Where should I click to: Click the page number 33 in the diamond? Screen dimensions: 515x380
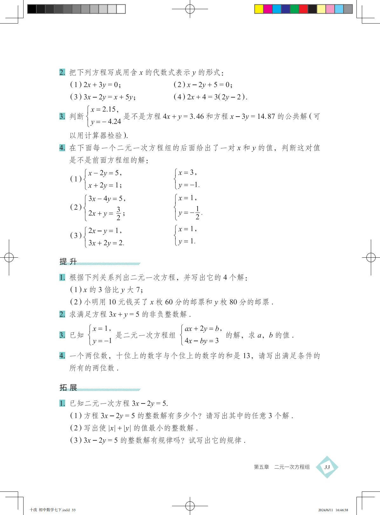(x=327, y=467)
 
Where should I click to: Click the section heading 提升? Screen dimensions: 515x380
(x=68, y=261)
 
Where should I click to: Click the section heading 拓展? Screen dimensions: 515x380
(x=68, y=388)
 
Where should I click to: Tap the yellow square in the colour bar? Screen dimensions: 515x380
(x=259, y=9)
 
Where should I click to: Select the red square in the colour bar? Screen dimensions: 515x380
(x=303, y=9)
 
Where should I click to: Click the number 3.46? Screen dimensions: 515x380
(x=196, y=116)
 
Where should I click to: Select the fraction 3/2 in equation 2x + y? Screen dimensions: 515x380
(x=118, y=213)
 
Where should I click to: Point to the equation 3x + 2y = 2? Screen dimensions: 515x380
(x=106, y=243)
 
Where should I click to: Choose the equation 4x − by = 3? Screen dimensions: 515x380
(x=201, y=341)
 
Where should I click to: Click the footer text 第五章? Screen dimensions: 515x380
(x=261, y=467)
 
